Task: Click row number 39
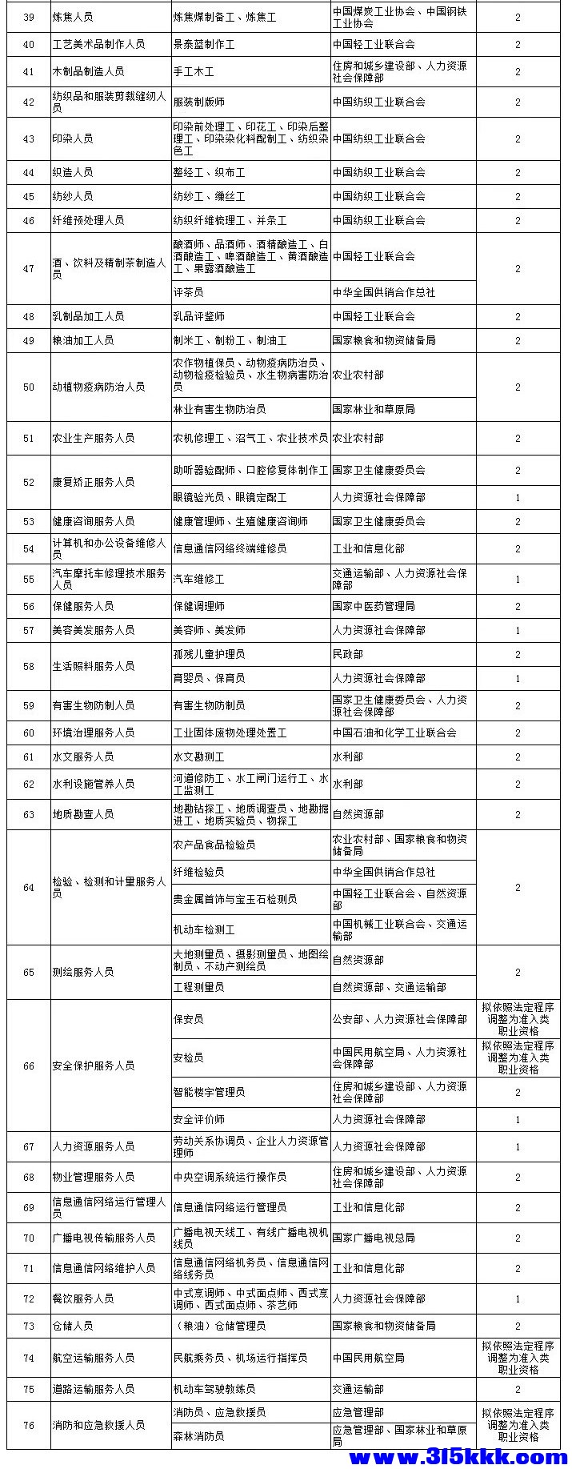tap(29, 17)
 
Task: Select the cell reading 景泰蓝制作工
tap(204, 44)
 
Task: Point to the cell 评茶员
tap(188, 292)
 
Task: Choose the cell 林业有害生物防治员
tap(219, 409)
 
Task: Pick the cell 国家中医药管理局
tap(374, 606)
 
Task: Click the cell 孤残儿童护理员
tap(209, 654)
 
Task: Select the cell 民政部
tap(348, 654)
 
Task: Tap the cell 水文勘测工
tap(199, 757)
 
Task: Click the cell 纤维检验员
tap(199, 872)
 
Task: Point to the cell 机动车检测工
tap(204, 929)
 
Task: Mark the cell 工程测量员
tap(199, 987)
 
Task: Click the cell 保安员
tap(189, 1019)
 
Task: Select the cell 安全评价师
tap(199, 1119)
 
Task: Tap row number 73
tap(29, 1326)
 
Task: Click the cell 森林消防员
tap(199, 1436)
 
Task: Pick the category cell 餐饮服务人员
tap(83, 1298)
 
